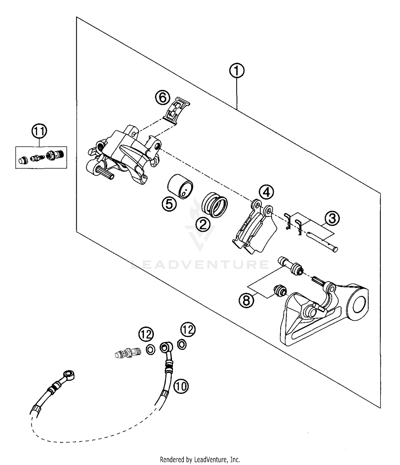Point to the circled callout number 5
[x=169, y=204]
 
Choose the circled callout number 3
[x=332, y=219]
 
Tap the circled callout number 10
[x=181, y=386]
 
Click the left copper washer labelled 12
[x=150, y=349]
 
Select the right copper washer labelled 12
[x=182, y=344]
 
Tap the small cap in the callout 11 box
[x=22, y=160]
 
